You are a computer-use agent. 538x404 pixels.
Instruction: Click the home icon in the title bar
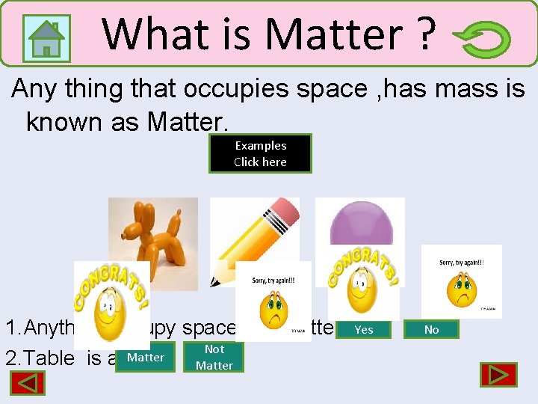(47, 37)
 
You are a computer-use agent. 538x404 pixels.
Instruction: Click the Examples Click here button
(260, 153)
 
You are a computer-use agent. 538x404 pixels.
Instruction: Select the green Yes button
(364, 329)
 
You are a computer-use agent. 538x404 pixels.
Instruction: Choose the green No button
(431, 329)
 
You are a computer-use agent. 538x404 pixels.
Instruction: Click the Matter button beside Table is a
(146, 358)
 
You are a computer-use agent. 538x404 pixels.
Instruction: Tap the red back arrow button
(28, 383)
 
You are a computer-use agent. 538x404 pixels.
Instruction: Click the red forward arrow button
(498, 375)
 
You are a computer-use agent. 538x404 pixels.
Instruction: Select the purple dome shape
(360, 224)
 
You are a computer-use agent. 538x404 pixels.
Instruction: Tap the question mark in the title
(427, 34)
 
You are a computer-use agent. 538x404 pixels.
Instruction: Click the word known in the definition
(64, 121)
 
